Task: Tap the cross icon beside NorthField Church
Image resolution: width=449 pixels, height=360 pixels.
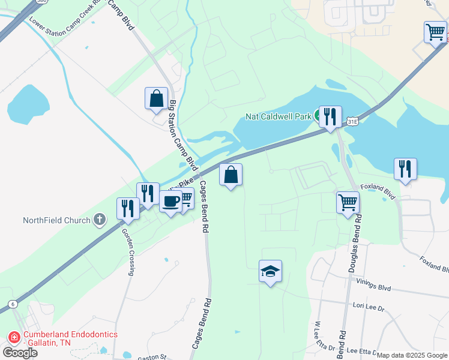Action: [100, 220]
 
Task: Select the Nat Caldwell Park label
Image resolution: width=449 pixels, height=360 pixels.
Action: [278, 116]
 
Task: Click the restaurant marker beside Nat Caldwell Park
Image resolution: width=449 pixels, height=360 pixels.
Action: [330, 116]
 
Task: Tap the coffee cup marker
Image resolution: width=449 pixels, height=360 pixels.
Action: [170, 201]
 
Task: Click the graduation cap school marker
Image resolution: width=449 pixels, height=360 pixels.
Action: [270, 271]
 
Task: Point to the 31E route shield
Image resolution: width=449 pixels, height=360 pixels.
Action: [353, 122]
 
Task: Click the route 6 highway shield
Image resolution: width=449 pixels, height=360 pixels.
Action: [13, 304]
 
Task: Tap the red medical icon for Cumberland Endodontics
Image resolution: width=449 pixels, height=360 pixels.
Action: [13, 338]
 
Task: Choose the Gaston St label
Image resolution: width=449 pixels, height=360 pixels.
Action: [151, 357]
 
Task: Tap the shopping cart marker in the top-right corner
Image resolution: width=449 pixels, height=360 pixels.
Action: [435, 32]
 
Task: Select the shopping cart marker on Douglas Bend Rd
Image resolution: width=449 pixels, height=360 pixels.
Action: [348, 202]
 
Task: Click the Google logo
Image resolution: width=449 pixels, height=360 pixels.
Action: [20, 352]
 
